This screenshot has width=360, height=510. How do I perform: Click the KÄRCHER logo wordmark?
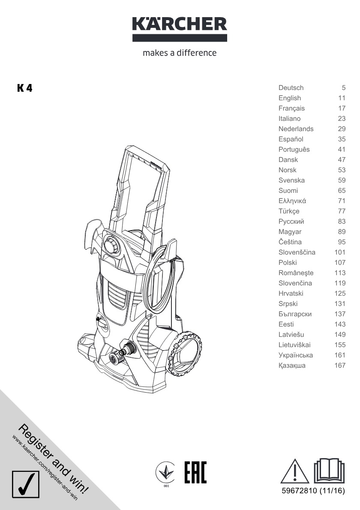coord(180,24)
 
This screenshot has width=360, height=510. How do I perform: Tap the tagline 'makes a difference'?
coord(180,53)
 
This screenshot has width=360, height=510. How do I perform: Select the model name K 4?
coord(25,88)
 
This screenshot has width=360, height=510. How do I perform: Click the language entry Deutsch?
coord(291,88)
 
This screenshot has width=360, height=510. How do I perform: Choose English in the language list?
coord(289,98)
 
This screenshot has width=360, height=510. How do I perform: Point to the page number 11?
coord(342,98)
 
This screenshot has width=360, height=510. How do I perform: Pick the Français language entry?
coord(291,108)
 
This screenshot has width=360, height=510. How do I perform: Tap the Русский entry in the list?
coord(291,222)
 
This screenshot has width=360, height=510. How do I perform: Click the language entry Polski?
coord(288,263)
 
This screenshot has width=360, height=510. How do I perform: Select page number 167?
coord(340,366)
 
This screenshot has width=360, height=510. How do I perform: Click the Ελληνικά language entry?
coord(292,201)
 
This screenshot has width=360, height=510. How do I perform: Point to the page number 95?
coord(342,242)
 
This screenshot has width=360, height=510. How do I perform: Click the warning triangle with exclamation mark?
coord(294,471)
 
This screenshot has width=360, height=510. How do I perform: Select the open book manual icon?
coord(329,471)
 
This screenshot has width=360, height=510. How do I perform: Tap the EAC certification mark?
coord(195,472)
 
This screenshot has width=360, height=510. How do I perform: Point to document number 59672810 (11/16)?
coord(313,491)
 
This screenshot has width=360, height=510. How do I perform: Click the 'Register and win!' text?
coord(53,459)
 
